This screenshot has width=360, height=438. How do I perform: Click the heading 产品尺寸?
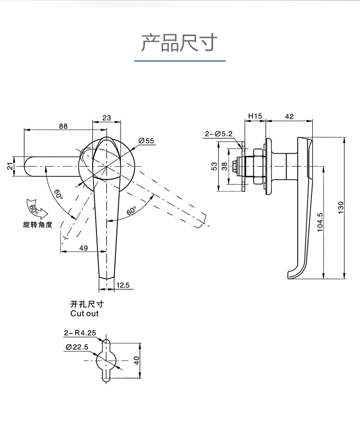click(180, 43)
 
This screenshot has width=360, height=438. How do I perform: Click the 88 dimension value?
click(63, 126)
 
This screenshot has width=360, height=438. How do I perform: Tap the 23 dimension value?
click(107, 118)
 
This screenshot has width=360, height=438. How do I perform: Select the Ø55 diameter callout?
click(146, 141)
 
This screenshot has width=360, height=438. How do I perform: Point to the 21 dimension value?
click(9, 167)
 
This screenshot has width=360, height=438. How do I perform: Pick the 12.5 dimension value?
click(123, 285)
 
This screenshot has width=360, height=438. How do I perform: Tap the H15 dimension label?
click(254, 116)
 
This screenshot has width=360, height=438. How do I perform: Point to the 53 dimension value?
click(214, 166)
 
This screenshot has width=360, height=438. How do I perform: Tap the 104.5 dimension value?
click(320, 222)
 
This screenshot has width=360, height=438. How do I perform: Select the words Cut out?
click(84, 314)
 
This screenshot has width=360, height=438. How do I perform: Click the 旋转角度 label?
click(37, 224)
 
